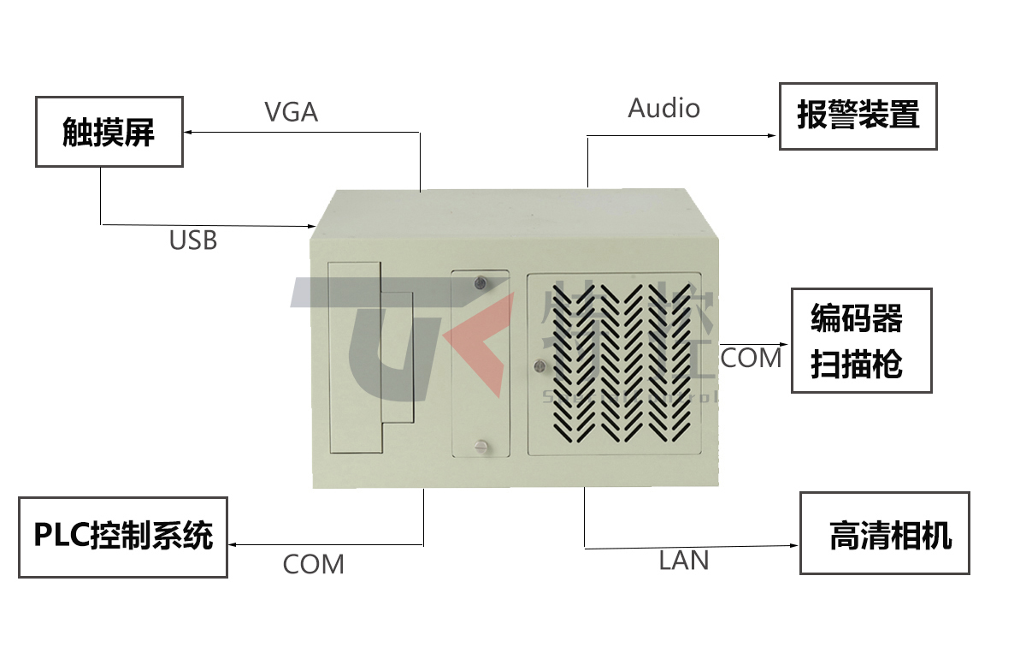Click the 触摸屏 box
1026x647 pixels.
coord(109,132)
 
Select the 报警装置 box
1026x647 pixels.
coord(858,116)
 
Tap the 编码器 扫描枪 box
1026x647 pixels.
coord(860,341)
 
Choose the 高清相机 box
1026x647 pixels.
coord(885,533)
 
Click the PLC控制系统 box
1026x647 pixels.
coord(123,537)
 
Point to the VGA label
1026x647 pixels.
coord(291,112)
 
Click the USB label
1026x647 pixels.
coord(193,240)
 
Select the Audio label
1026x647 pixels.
coord(663,109)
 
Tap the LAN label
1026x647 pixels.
coord(684,561)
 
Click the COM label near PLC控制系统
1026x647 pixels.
coord(313,565)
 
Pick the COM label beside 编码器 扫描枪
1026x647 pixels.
coord(751,358)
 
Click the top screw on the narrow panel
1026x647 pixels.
coord(481,282)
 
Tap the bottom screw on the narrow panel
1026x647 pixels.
coord(481,444)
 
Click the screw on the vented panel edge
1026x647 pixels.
coord(540,366)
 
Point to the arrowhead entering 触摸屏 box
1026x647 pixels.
coord(189,133)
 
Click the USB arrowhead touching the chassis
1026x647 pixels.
coord(312,226)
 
